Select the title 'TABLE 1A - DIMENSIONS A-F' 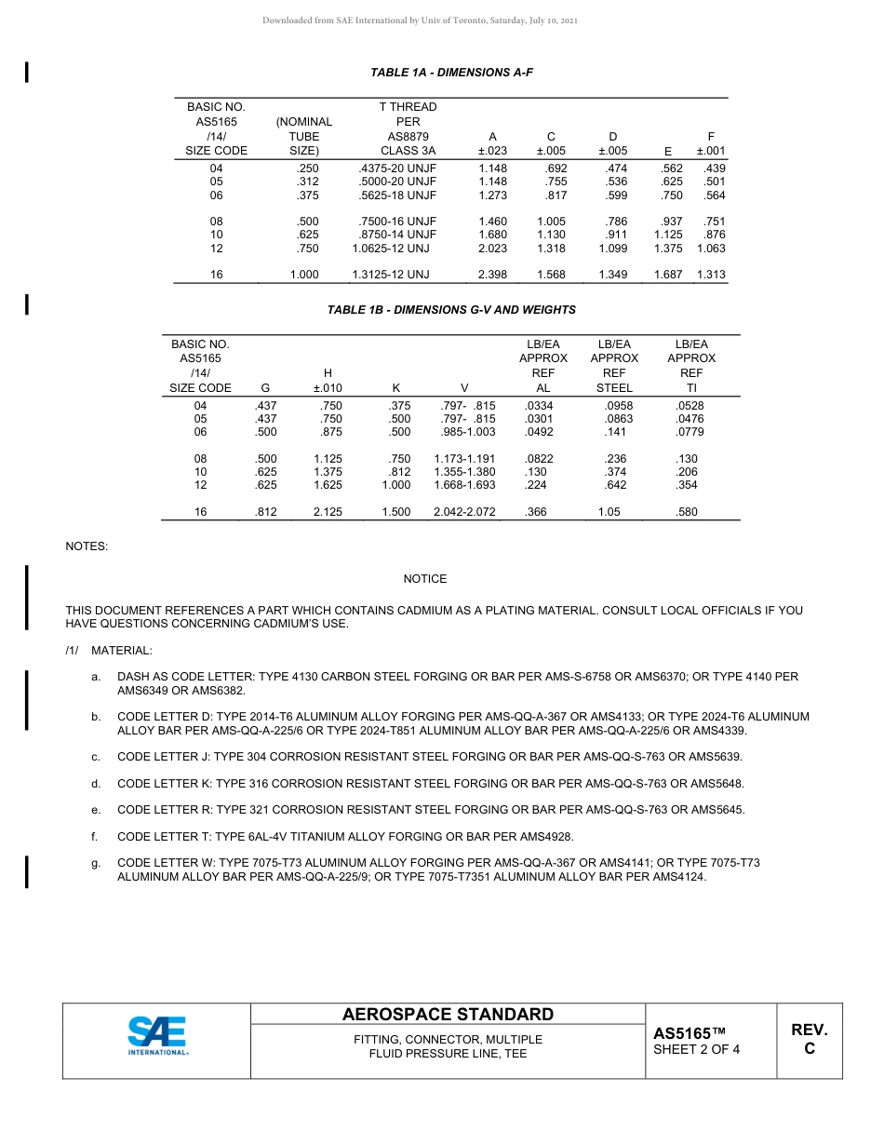coord(451,72)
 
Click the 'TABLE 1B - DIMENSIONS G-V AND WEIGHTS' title coord(451,310)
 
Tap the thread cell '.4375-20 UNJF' coord(397,168)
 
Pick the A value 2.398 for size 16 coord(492,275)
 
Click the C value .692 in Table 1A coord(555,168)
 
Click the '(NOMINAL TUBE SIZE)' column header coord(304,136)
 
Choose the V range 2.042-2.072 coord(464,512)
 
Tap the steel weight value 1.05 coord(609,512)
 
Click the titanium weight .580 coord(687,512)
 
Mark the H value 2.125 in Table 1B coord(328,512)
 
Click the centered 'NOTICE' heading coord(425,579)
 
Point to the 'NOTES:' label coord(87,546)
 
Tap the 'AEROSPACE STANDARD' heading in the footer coord(448,1015)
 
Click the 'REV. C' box coord(809,1039)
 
